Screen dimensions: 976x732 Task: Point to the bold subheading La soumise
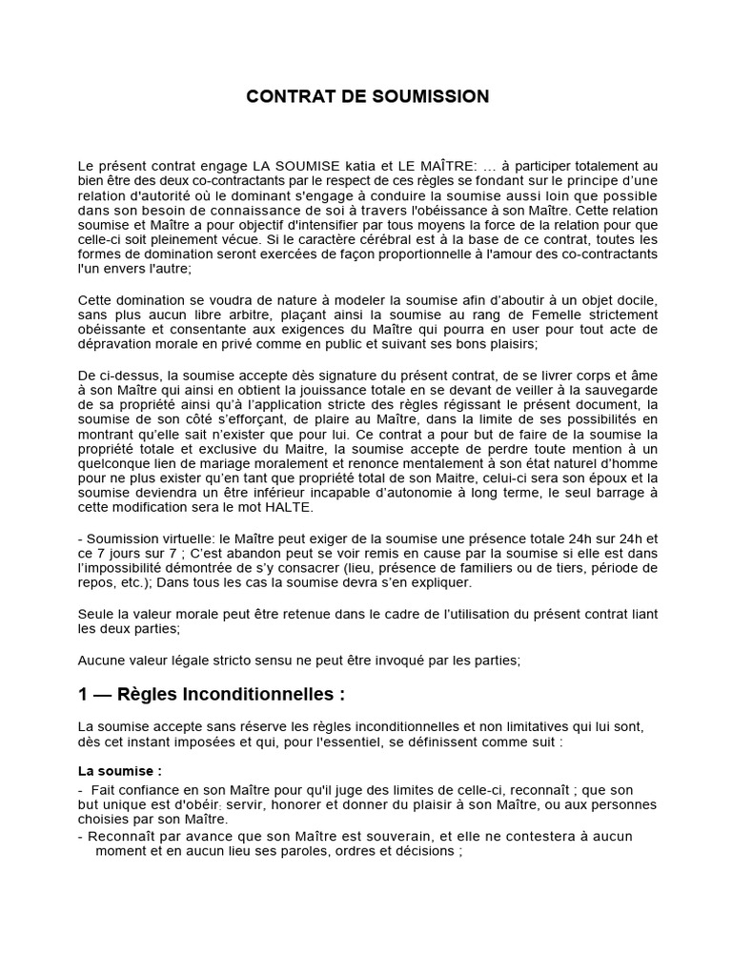tap(119, 770)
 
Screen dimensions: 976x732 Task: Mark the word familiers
tap(511, 568)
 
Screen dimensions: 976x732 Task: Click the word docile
tap(636, 300)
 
